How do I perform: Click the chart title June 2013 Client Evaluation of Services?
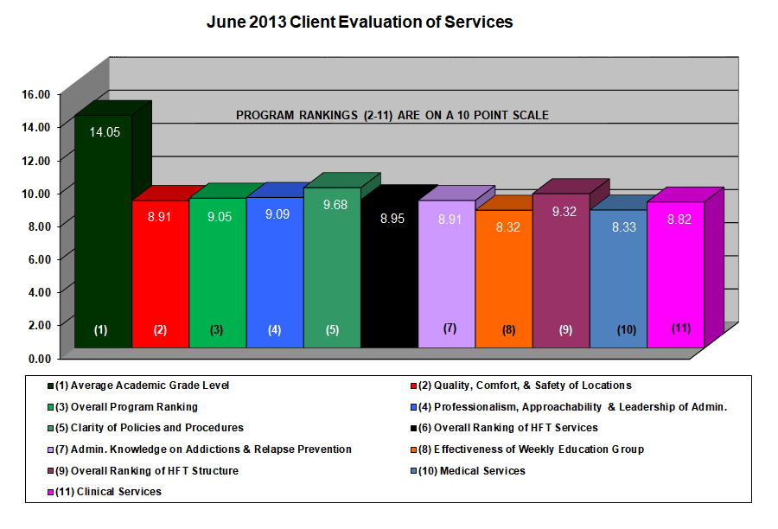pos(359,22)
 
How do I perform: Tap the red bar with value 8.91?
pos(160,277)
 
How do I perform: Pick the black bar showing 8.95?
pos(389,277)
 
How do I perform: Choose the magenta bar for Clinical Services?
pos(675,277)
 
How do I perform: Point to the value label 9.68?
pos(331,205)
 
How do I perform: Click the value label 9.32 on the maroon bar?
pos(560,211)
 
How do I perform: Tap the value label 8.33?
pos(617,227)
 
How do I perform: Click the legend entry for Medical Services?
pos(482,471)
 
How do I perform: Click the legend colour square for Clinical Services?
pos(52,492)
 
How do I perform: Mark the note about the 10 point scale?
pos(393,115)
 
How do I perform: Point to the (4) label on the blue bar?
pos(274,329)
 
